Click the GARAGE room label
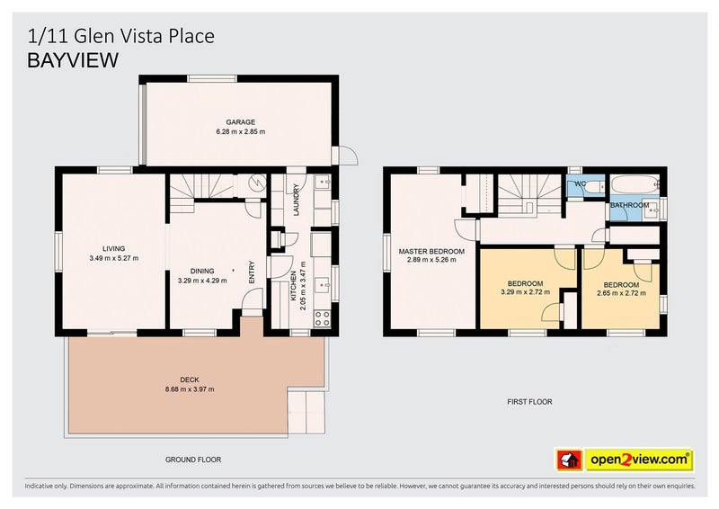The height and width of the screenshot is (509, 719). coord(240,122)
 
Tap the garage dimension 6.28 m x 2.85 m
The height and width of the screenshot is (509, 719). coord(240,132)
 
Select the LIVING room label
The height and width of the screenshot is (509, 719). coord(113,249)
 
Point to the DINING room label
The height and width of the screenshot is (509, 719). coord(202,270)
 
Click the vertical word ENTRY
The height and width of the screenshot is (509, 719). coord(252,272)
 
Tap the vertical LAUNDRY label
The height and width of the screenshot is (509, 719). coord(295,201)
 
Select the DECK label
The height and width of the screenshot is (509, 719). coord(189,380)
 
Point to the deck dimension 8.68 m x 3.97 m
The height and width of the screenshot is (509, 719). coord(189,389)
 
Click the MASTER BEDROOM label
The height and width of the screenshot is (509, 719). coord(431,251)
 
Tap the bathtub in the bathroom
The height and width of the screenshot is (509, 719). coord(635,186)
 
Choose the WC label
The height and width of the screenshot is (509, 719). coord(580,185)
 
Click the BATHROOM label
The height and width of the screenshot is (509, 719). coord(629,205)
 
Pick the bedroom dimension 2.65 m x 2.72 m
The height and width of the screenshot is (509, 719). coord(621,292)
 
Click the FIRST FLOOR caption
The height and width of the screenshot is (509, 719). coord(528,402)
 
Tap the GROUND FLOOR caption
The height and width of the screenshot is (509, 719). coord(192,460)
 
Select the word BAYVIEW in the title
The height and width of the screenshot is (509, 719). coord(73,60)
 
